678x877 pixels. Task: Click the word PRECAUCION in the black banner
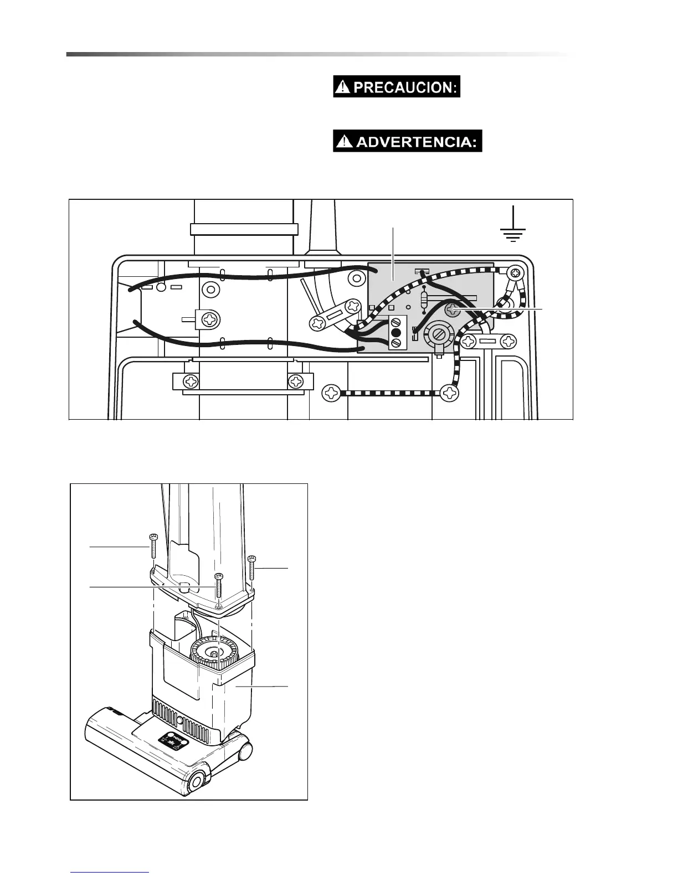tap(405, 88)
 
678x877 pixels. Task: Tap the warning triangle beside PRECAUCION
tap(344, 87)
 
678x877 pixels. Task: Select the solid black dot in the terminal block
tap(395, 333)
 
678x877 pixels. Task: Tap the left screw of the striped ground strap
tap(332, 393)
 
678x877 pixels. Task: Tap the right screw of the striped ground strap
tap(451, 393)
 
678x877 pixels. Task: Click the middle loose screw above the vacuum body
tap(219, 587)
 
